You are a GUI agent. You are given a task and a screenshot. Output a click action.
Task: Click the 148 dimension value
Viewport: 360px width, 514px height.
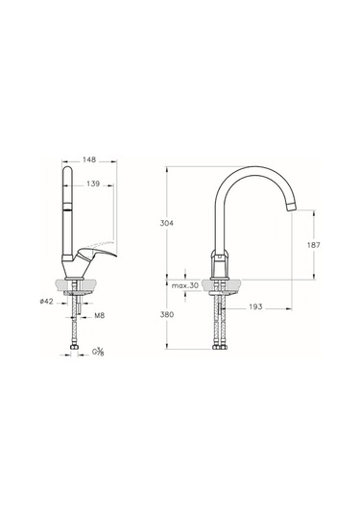click(x=89, y=159)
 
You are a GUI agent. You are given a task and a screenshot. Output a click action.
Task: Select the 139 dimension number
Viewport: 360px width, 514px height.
click(x=93, y=184)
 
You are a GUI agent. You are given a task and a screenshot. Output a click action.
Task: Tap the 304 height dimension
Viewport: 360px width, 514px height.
click(x=167, y=223)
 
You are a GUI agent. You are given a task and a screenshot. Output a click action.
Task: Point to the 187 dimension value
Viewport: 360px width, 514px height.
click(x=314, y=245)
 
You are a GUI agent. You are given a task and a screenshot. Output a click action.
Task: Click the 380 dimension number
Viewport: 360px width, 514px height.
click(x=167, y=315)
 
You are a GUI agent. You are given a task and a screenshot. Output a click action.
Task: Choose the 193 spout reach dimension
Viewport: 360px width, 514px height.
click(x=255, y=306)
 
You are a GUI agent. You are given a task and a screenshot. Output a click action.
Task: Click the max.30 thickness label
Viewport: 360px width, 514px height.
click(x=185, y=285)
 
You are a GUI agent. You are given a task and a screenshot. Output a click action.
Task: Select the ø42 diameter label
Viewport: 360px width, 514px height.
click(x=46, y=302)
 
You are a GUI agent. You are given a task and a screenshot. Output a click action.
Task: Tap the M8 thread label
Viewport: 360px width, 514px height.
click(x=100, y=316)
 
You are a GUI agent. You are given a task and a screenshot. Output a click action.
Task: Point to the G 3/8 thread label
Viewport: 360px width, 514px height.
click(x=98, y=352)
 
